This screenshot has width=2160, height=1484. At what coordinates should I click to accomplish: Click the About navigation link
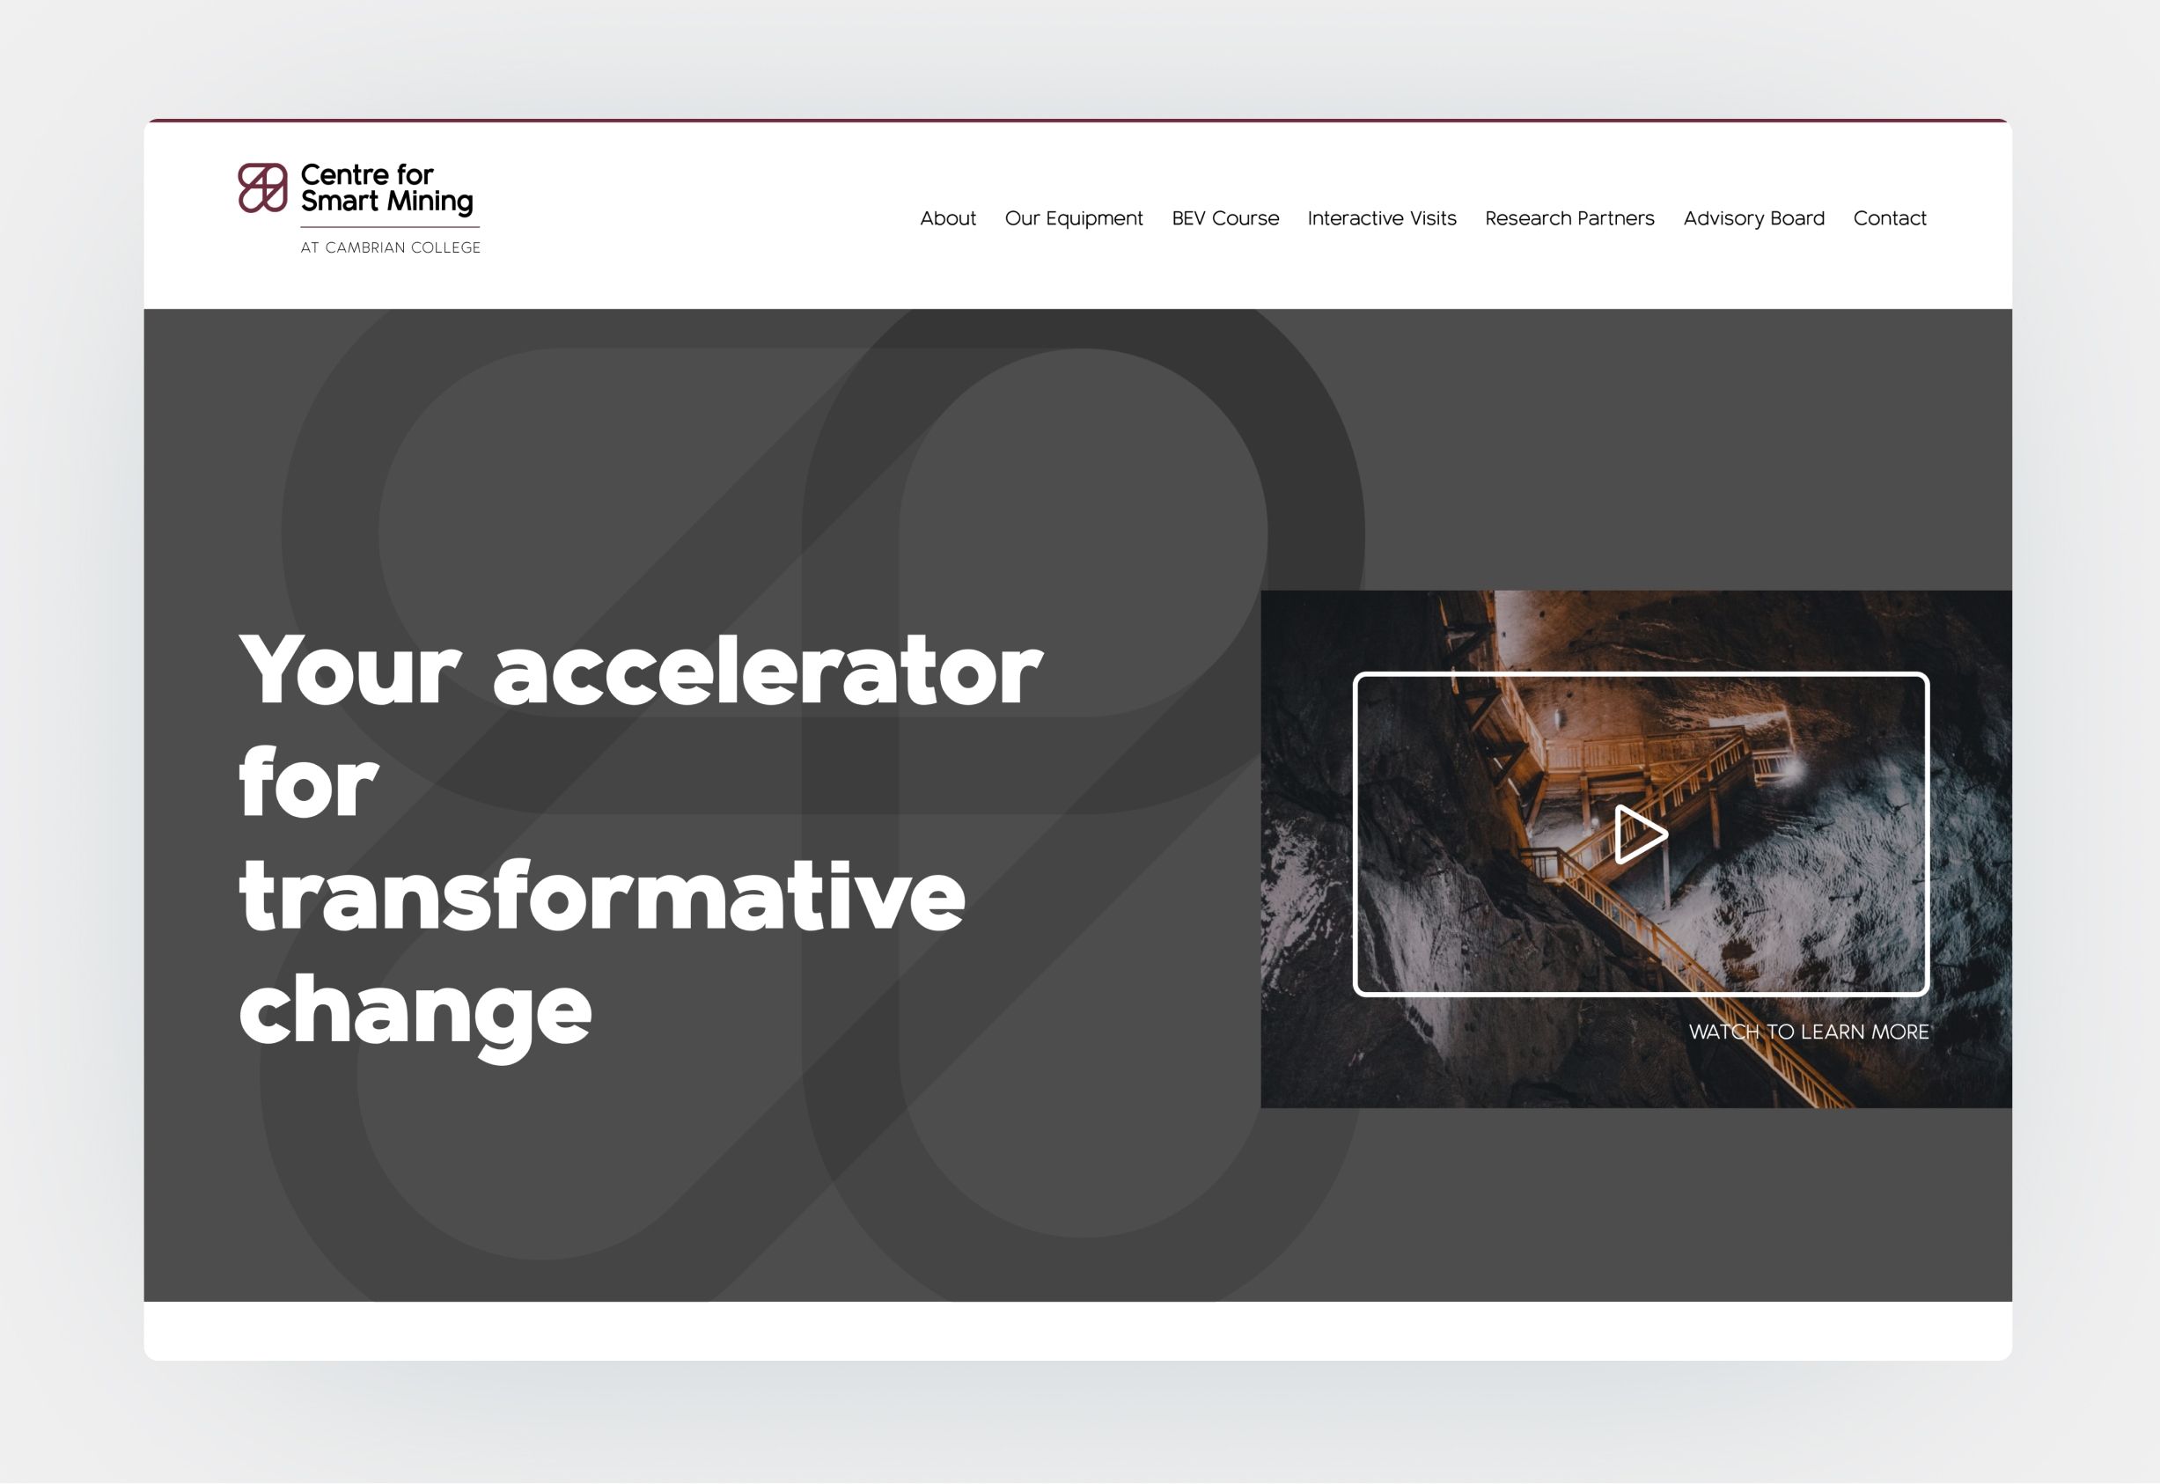[x=947, y=218]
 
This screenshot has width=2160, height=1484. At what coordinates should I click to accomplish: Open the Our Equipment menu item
[x=1074, y=219]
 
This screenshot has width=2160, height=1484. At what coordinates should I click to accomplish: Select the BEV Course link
[x=1225, y=218]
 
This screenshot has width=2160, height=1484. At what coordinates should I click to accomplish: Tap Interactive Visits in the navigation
[x=1382, y=218]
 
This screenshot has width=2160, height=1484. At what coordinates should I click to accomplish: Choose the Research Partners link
[x=1569, y=218]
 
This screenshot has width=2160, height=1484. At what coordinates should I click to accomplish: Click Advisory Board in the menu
[x=1753, y=218]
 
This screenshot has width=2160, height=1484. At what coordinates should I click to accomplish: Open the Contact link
[x=1890, y=218]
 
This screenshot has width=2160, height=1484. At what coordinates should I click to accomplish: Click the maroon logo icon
[x=262, y=187]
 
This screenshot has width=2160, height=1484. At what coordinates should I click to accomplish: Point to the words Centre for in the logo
[x=367, y=175]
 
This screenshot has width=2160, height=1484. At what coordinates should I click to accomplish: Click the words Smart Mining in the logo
[x=386, y=202]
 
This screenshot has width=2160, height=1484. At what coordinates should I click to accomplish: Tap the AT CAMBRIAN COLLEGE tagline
[x=391, y=247]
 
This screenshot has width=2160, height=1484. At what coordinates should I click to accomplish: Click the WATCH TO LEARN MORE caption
[x=1809, y=1032]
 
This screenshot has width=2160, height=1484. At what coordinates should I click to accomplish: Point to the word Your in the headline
[x=349, y=671]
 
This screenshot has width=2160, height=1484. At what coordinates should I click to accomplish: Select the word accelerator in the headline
[x=768, y=671]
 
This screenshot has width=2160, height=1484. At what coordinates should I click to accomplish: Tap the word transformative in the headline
[x=603, y=896]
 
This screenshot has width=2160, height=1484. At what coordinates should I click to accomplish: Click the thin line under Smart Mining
[x=391, y=227]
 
